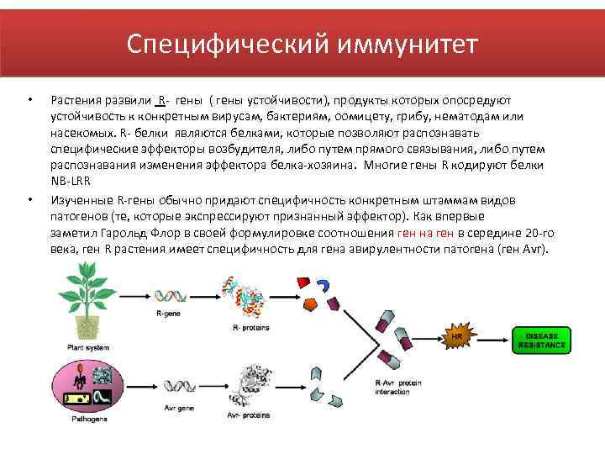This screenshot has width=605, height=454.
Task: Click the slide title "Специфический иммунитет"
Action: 302,42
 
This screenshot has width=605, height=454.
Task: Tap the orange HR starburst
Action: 458,338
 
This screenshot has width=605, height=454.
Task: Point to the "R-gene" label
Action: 168,314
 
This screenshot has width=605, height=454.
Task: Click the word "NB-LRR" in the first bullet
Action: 70,181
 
